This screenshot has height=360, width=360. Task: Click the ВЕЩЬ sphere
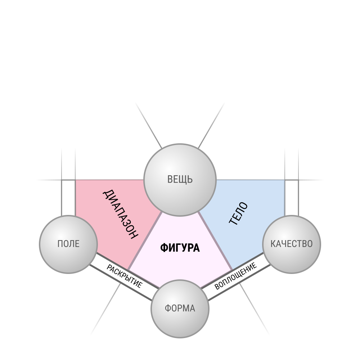180,180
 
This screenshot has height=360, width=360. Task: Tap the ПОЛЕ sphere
68,244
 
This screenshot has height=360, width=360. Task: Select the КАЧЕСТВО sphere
292,244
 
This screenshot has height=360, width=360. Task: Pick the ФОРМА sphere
180,309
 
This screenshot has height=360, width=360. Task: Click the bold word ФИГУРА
180,248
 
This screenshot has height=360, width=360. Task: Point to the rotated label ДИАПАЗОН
120,214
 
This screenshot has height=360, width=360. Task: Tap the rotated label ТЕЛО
239,213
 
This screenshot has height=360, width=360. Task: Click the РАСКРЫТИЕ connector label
125,276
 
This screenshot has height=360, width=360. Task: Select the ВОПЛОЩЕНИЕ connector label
235,276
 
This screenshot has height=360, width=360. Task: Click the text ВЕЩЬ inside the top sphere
180,179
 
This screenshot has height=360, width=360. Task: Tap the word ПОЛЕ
68,244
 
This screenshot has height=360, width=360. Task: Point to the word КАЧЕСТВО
292,244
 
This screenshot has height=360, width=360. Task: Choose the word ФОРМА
180,309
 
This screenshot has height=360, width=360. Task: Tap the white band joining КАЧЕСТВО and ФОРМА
235,276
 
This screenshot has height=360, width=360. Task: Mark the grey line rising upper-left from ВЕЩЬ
149,125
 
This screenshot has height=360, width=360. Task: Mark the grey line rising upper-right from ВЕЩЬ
211,125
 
